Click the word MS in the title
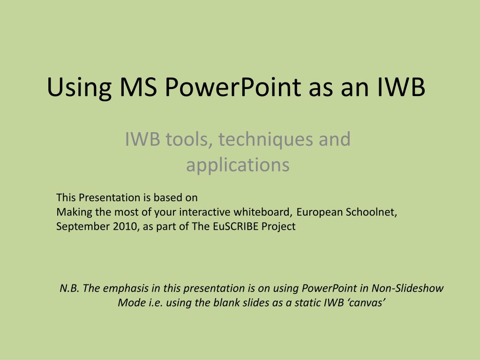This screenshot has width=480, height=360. pyautogui.click(x=138, y=87)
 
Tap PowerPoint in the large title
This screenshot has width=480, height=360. pyautogui.click(x=233, y=87)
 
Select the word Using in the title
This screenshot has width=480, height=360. pyautogui.click(x=79, y=89)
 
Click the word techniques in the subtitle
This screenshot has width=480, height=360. pyautogui.click(x=266, y=139)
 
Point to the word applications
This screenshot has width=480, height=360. pyautogui.click(x=238, y=165)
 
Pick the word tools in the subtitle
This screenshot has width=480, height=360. pyautogui.click(x=189, y=139)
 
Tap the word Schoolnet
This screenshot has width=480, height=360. pyautogui.click(x=371, y=212)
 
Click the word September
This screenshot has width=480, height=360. pyautogui.click(x=83, y=226)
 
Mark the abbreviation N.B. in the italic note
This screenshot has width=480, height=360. pyautogui.click(x=69, y=288)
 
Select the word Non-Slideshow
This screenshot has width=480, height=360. pyautogui.click(x=407, y=288)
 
